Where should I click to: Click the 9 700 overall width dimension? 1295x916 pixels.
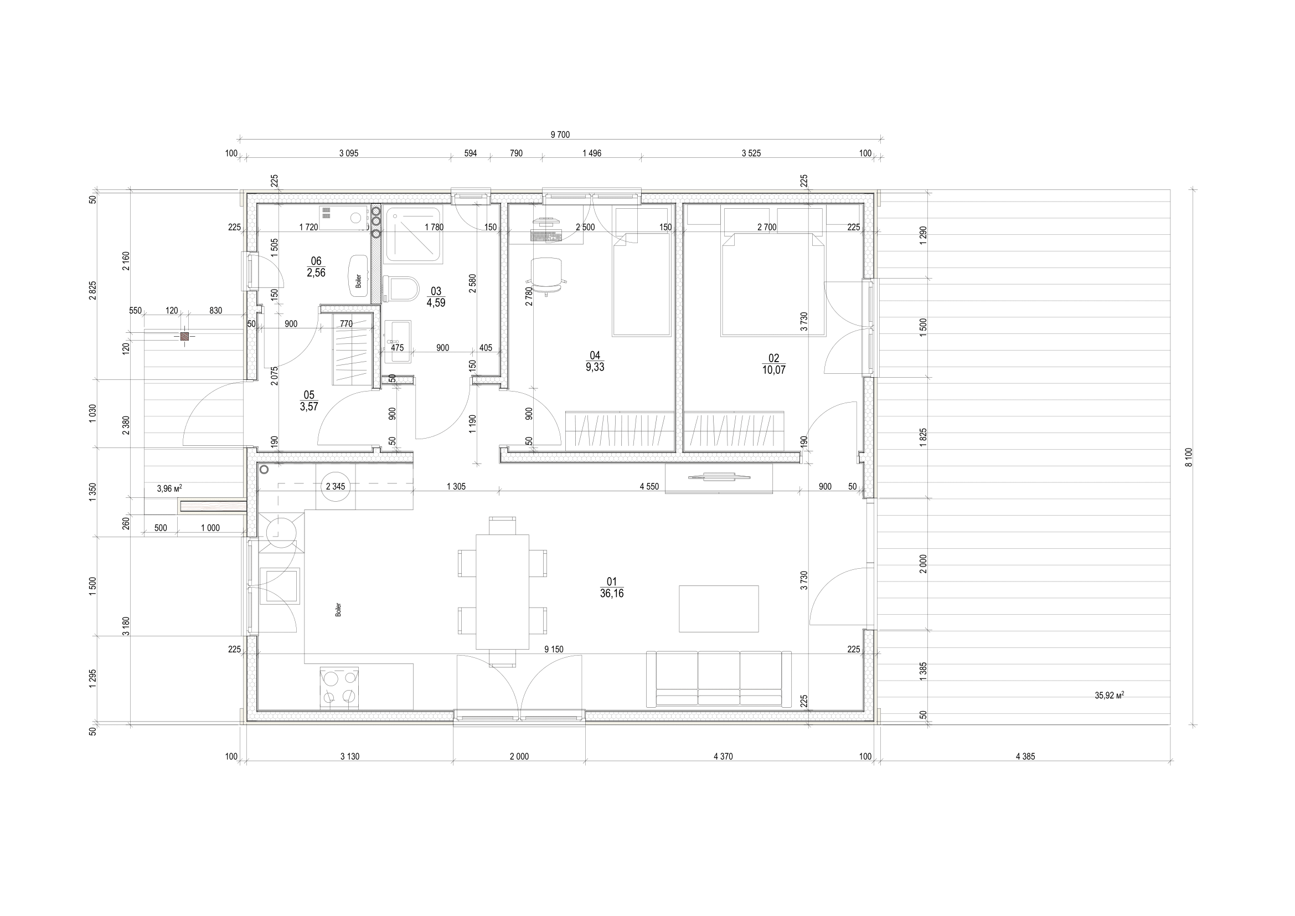coord(560,135)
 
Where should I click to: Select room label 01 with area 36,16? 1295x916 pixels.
coord(612,588)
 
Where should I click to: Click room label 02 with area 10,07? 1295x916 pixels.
coord(773,364)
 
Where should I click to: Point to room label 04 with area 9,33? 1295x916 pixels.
coord(595,361)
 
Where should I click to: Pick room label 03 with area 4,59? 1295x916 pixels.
coord(436,297)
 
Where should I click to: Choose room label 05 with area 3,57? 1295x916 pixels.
coord(309,401)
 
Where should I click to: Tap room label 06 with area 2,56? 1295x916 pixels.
coord(316,267)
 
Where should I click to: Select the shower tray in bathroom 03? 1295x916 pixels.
coord(413,235)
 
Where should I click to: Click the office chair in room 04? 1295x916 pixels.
coord(546,275)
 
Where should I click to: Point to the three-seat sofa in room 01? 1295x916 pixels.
coord(719,679)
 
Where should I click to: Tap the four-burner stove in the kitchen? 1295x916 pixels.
coord(339,688)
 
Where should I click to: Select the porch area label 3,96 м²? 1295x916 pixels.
coord(169,489)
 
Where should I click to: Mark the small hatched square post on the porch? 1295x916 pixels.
coord(184,337)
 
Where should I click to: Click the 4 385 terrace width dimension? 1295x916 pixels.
coord(1025,757)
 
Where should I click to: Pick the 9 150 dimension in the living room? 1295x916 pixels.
coord(553,650)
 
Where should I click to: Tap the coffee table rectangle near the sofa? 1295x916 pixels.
coord(719,609)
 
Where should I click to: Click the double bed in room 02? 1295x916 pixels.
coord(773,285)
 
